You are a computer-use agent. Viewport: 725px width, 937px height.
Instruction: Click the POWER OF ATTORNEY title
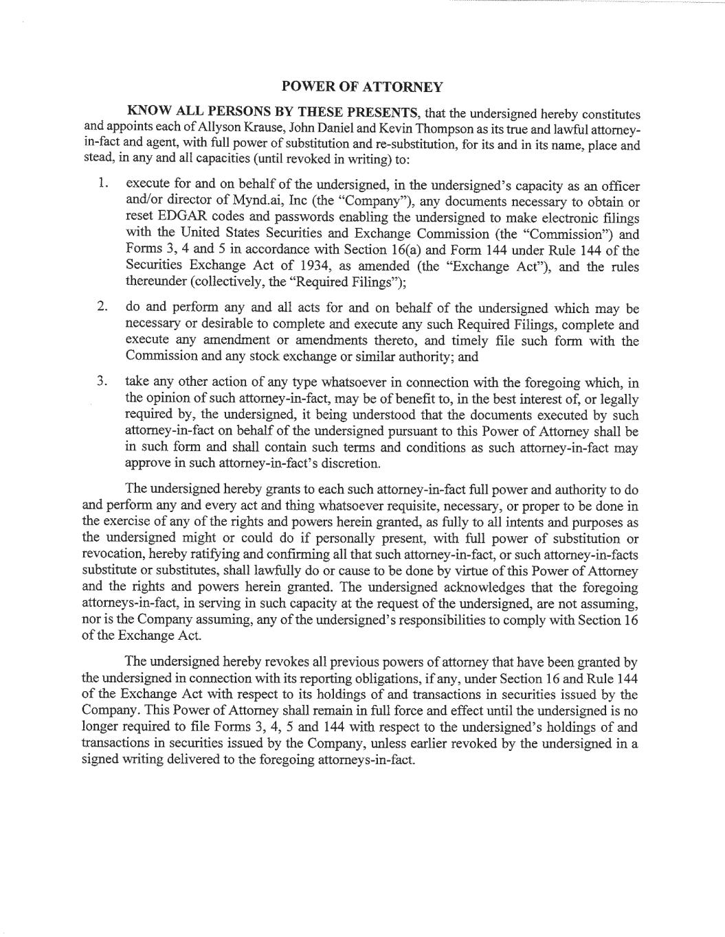coord(362,87)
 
